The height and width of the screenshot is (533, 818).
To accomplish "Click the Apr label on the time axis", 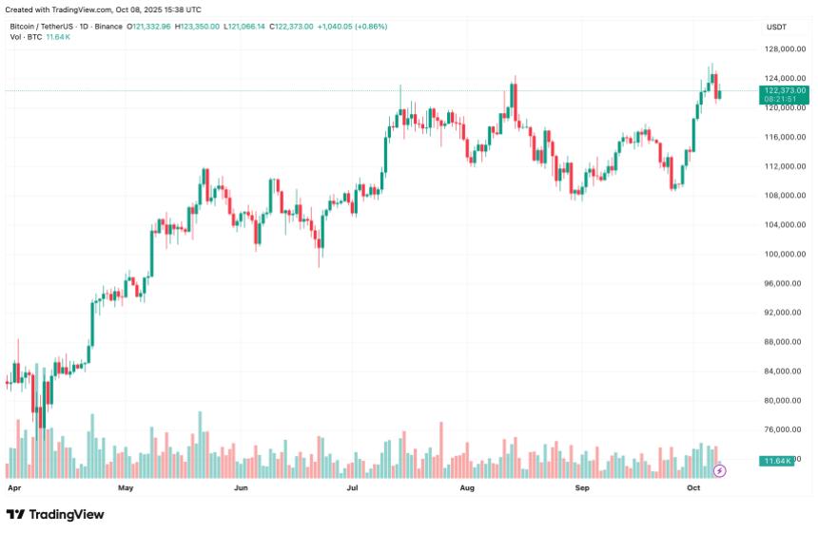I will tap(13, 487).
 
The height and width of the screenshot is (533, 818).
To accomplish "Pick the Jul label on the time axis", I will tap(352, 487).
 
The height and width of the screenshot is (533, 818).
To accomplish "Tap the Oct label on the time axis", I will tap(693, 487).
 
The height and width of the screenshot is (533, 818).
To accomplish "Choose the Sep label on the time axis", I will tap(582, 487).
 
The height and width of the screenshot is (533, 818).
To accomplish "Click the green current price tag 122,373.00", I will tap(784, 90).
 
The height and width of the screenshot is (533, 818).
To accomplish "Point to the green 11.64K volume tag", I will tap(777, 461).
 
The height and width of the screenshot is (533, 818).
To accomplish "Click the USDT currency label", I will tap(776, 27).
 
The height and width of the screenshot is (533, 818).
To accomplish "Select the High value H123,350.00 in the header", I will tap(197, 27).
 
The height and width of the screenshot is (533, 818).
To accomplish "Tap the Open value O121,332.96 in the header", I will tap(148, 27).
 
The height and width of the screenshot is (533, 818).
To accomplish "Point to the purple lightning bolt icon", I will tap(720, 470).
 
